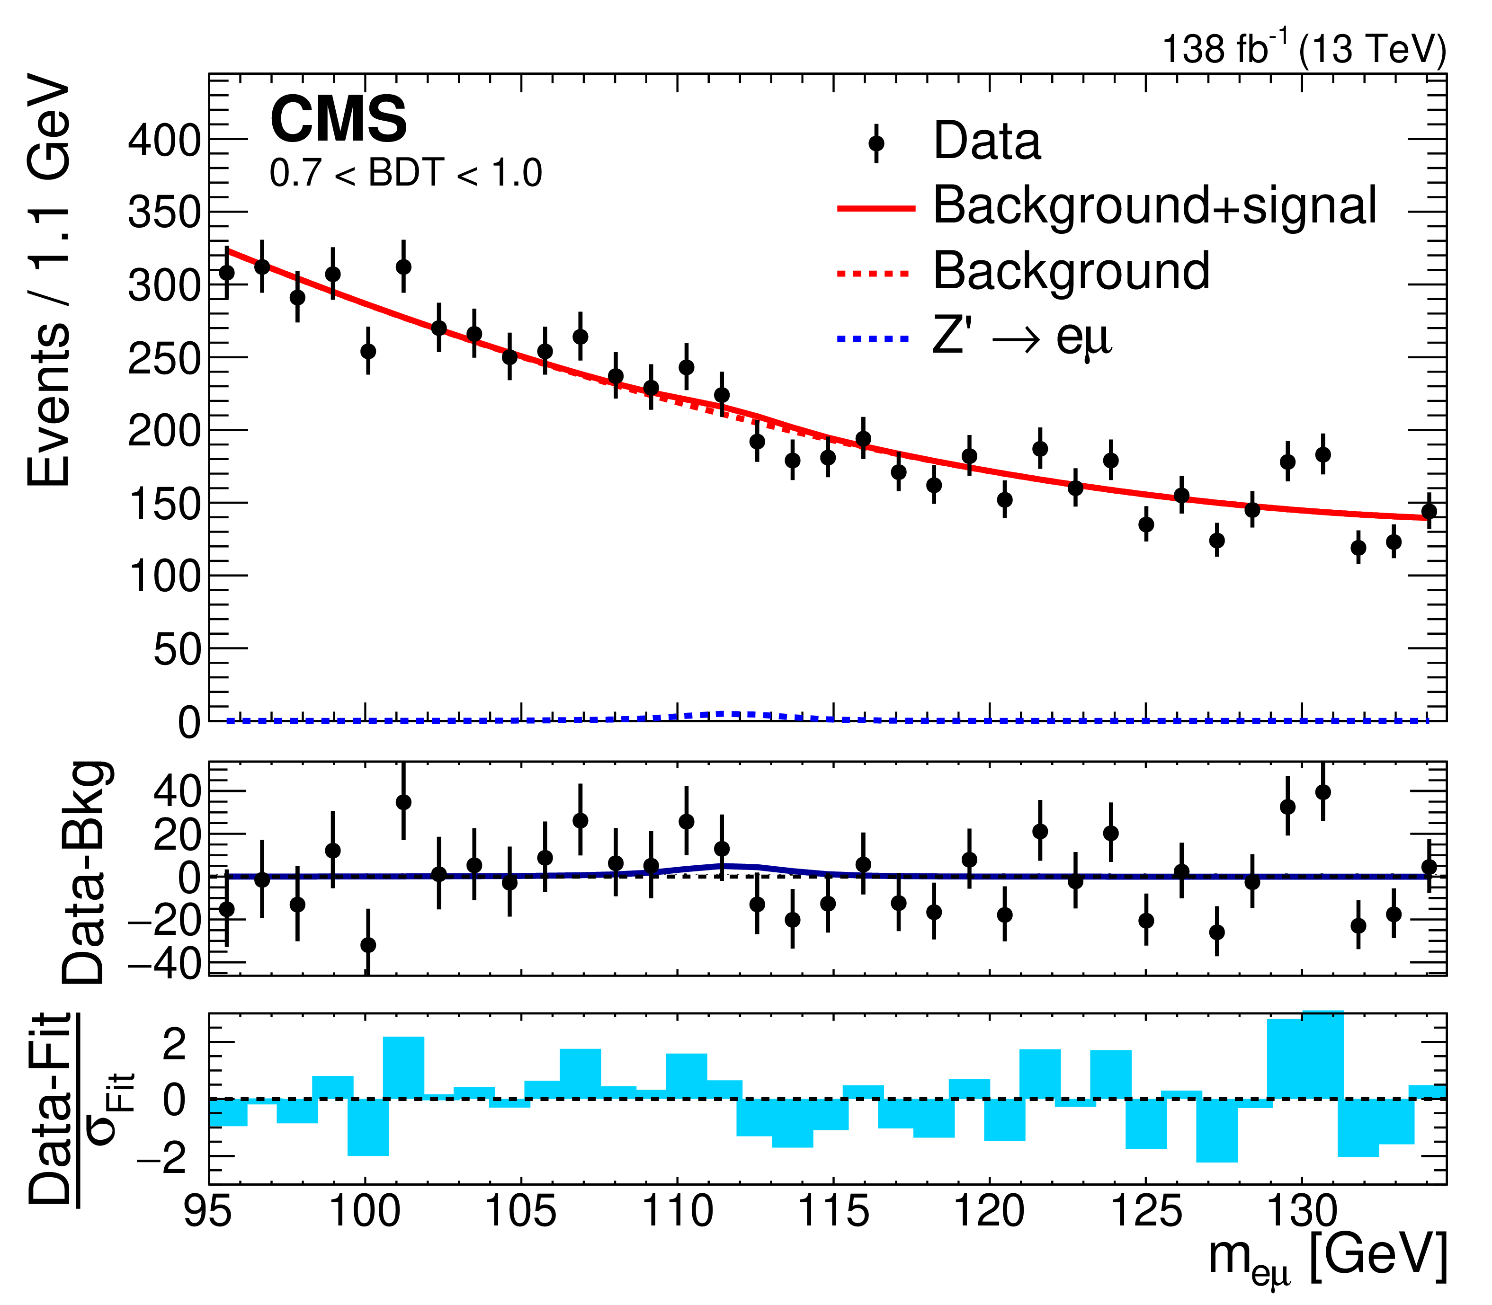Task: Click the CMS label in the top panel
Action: [338, 120]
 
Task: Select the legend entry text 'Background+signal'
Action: [1155, 206]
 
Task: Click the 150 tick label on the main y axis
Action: [164, 504]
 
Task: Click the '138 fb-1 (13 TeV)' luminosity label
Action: [1304, 50]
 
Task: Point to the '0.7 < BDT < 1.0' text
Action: [406, 173]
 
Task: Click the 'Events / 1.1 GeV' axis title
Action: [50, 280]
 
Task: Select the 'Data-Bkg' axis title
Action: [86, 872]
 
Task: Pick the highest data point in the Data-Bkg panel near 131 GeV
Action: [1323, 792]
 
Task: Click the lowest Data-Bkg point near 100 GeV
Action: [368, 945]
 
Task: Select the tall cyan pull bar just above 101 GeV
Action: [403, 1067]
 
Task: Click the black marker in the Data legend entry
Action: [876, 143]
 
